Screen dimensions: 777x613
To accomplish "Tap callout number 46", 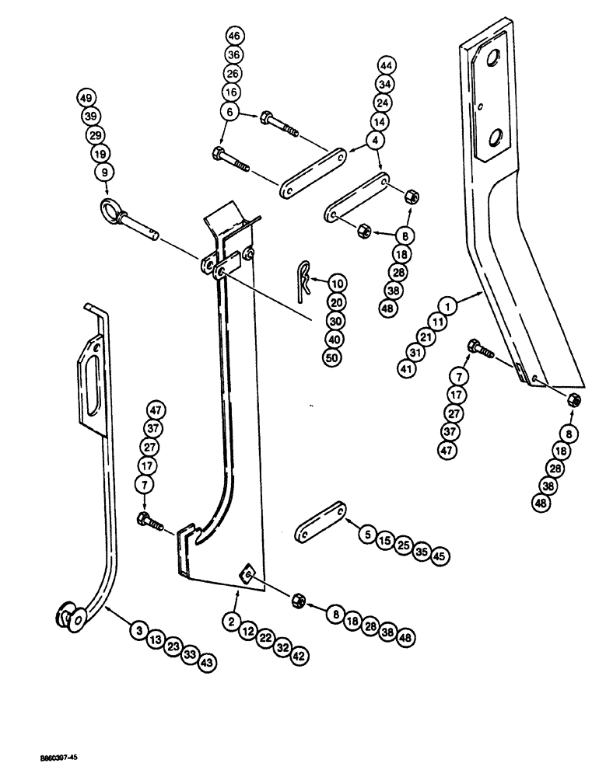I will pyautogui.click(x=233, y=37).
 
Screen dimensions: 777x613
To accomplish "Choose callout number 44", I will pyautogui.click(x=387, y=65).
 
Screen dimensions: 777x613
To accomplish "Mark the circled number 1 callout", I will pyautogui.click(x=454, y=306).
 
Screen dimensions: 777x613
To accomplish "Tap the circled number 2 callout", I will pyautogui.click(x=230, y=619).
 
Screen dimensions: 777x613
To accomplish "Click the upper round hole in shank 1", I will pyautogui.click(x=492, y=61).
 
